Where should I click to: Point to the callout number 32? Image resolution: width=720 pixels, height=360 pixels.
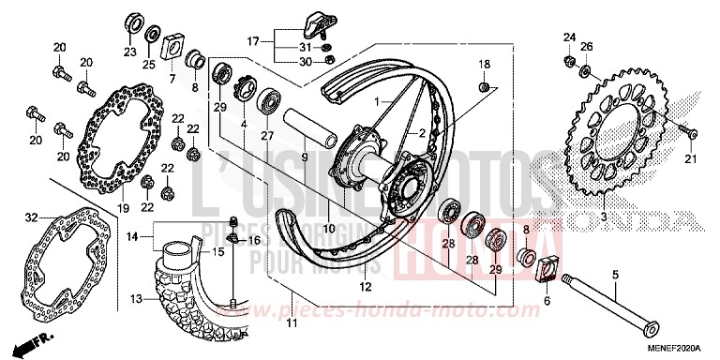[31, 217]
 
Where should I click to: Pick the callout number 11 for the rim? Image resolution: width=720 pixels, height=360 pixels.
[292, 323]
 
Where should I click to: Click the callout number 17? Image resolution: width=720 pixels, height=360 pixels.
[252, 41]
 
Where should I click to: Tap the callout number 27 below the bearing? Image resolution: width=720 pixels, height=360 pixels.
[266, 135]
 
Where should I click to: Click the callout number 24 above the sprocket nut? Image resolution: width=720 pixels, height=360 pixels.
[567, 37]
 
